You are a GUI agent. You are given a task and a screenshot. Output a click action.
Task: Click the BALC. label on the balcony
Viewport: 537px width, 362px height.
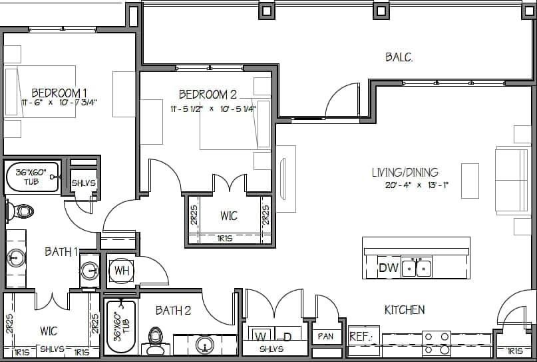pos(399,57)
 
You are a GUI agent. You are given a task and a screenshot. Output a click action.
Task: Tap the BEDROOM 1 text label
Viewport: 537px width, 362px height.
pos(59,93)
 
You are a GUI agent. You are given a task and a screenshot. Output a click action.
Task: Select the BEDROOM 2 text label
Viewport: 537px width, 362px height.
pos(207,95)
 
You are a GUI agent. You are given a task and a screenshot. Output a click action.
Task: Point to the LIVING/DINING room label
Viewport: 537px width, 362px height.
pos(405,173)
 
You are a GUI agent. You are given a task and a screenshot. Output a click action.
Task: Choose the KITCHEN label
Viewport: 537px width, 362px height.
pos(405,310)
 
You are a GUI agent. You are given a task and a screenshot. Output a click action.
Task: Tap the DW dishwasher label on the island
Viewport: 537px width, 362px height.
pos(388,269)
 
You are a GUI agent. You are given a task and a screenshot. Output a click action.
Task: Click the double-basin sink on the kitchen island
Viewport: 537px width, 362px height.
pos(417,268)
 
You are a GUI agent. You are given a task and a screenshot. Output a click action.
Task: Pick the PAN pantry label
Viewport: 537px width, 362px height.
pos(325,337)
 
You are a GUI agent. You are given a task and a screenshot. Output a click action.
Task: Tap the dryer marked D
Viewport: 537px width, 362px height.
pos(287,336)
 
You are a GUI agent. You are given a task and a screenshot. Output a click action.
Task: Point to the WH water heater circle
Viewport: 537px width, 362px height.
pos(121,270)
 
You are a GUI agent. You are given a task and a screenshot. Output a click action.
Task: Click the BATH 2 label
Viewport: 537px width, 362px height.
pos(173,310)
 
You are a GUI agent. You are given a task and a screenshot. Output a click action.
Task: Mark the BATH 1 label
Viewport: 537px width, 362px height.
pos(61,251)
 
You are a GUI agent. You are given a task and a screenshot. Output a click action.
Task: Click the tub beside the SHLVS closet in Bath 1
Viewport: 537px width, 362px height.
pos(32,177)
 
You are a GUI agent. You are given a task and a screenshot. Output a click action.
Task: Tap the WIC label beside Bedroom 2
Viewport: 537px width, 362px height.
pos(228,216)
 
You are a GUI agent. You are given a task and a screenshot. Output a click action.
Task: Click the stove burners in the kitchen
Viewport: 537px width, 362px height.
pos(436,343)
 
